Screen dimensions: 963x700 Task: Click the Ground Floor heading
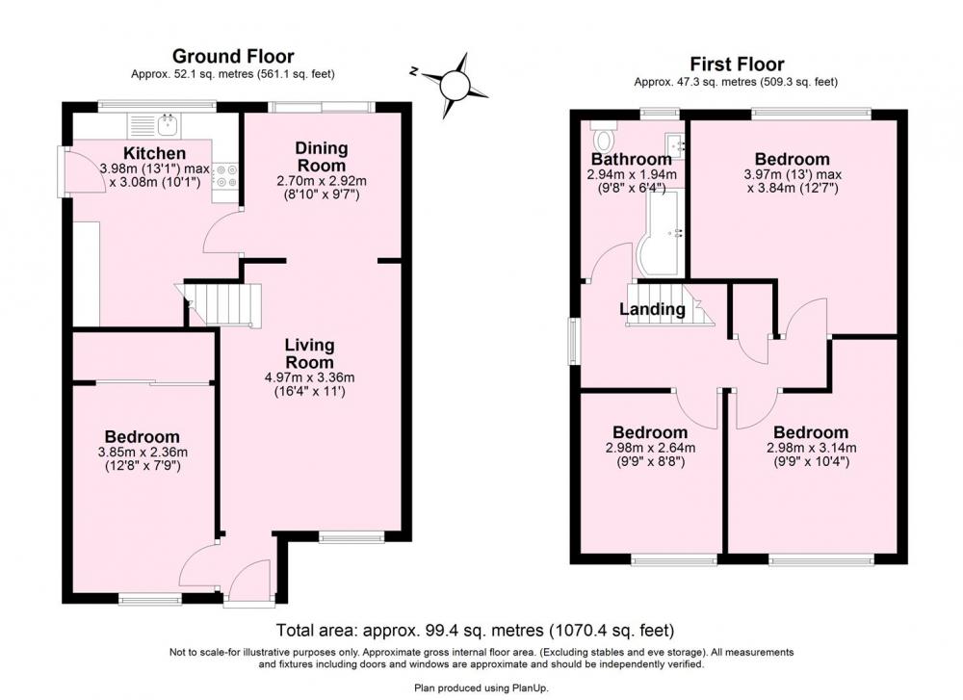[233, 57]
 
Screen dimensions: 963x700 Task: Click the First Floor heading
[737, 64]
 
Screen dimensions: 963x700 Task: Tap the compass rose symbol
[454, 84]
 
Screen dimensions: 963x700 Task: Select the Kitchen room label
[154, 153]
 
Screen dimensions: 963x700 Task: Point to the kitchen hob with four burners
[225, 175]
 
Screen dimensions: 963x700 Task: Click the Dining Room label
[322, 157]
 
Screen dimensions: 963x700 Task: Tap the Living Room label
[309, 353]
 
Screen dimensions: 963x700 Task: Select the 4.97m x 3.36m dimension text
[309, 377]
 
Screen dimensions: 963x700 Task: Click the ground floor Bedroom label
[142, 436]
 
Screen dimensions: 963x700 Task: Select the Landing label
[652, 309]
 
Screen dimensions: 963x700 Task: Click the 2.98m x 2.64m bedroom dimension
[650, 449]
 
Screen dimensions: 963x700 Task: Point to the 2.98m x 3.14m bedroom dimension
[811, 449]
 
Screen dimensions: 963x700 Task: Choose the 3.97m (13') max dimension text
[793, 175]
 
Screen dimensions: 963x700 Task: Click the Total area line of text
[475, 630]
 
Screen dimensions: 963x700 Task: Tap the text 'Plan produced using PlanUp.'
[481, 688]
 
